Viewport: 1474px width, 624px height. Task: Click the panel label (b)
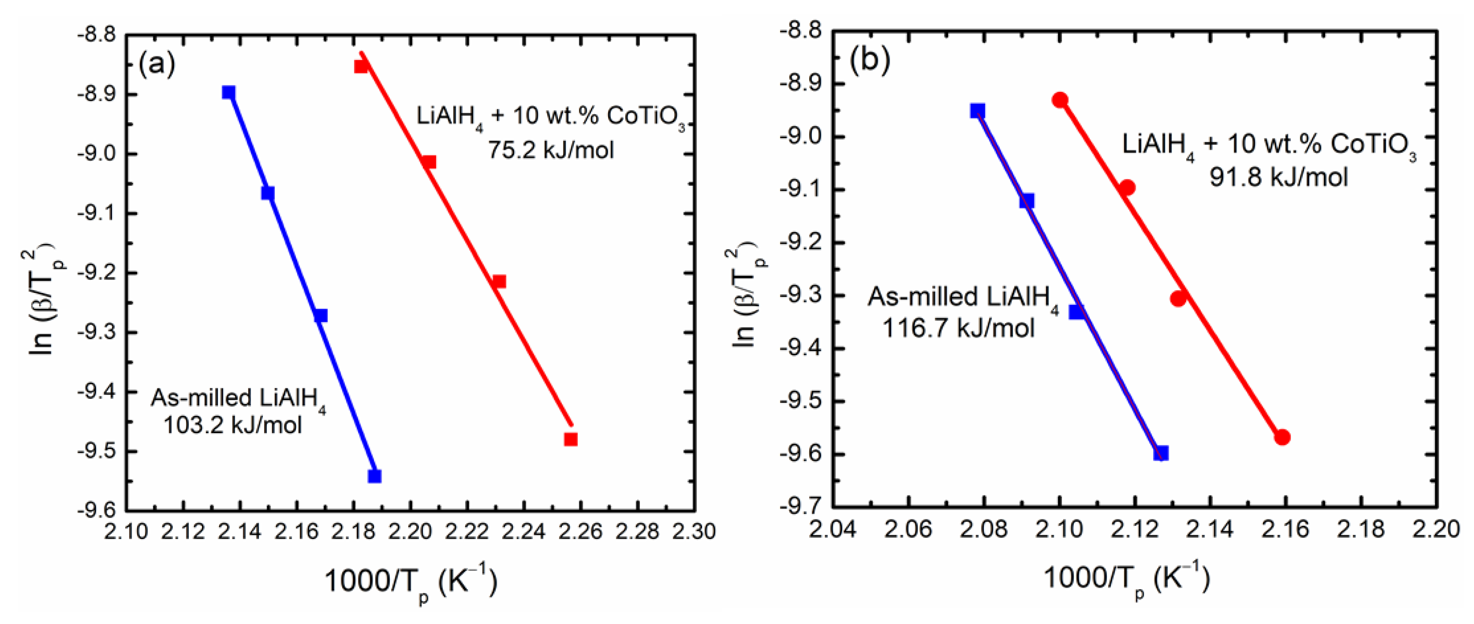(x=870, y=60)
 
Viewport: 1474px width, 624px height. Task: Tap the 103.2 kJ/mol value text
(x=233, y=425)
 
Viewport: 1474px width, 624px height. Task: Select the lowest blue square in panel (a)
(x=375, y=476)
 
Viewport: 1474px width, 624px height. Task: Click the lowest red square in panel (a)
(x=570, y=439)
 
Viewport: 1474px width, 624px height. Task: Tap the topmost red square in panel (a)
(x=361, y=66)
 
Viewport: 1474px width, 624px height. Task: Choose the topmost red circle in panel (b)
(x=1060, y=100)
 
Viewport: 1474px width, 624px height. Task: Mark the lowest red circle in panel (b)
(x=1282, y=437)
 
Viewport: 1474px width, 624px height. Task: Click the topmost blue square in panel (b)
(x=977, y=110)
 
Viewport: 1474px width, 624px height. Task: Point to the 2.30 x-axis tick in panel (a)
(x=694, y=532)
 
